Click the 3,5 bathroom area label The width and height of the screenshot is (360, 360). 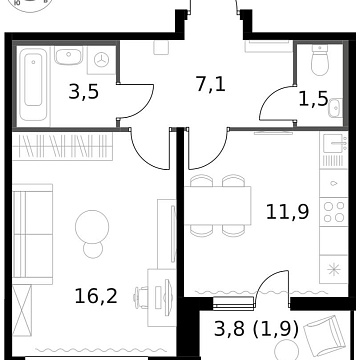[x=82, y=95]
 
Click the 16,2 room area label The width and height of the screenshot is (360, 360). [x=98, y=295]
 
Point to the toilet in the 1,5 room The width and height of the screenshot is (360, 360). [x=319, y=66]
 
